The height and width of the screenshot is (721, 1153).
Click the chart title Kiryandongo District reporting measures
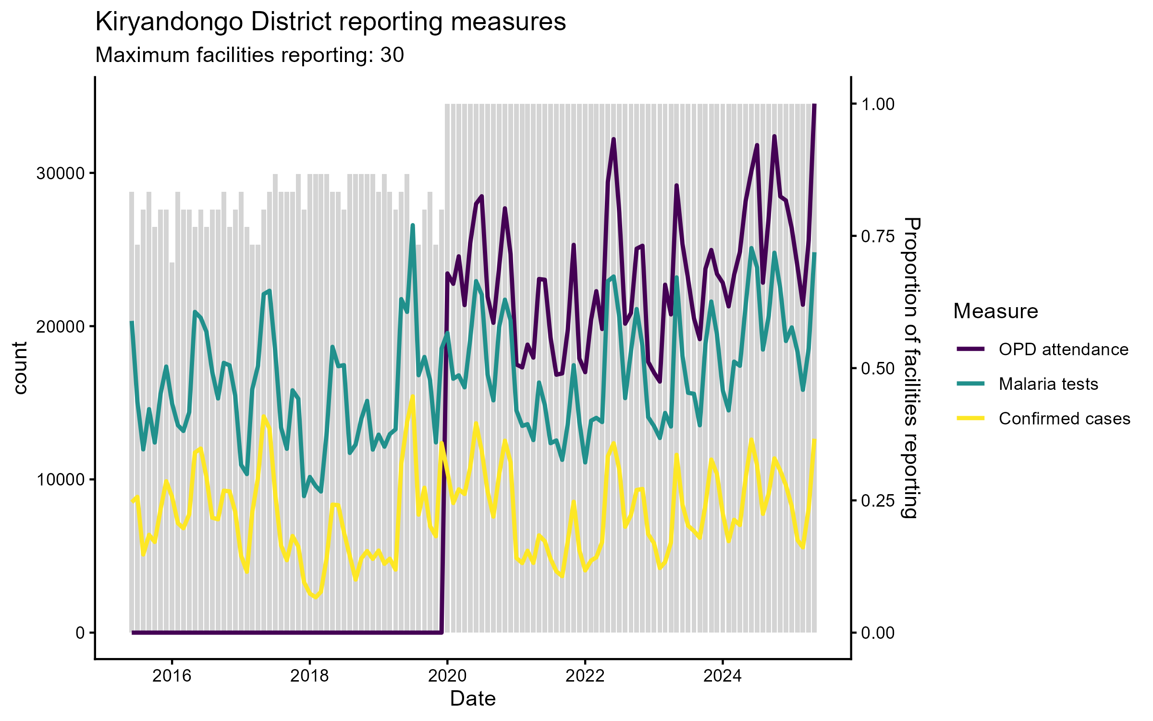point(331,22)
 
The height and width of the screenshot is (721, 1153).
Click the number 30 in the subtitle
point(392,55)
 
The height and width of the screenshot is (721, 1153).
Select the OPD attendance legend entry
point(1063,349)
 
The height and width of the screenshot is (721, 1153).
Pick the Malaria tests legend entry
point(1048,384)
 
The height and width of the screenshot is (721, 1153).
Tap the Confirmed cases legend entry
point(1064,419)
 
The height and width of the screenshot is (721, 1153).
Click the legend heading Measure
point(995,311)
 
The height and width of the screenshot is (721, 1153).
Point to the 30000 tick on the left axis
point(60,174)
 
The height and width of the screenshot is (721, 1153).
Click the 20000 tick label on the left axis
point(60,327)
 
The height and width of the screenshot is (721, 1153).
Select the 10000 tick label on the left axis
point(60,480)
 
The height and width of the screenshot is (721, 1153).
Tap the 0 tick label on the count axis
point(80,633)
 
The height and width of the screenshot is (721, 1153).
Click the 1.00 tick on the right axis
point(878,104)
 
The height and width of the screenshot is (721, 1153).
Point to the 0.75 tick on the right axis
point(878,236)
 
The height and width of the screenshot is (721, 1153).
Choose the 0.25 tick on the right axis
point(878,501)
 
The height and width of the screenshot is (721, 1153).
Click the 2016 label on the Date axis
point(172,676)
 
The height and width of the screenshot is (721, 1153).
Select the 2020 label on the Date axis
point(447,676)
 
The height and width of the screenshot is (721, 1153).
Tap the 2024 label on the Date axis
point(723,676)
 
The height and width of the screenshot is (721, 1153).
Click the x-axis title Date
point(473,699)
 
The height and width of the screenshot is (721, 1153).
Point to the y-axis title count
point(20,368)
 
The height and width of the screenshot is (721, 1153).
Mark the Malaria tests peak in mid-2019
point(413,225)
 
